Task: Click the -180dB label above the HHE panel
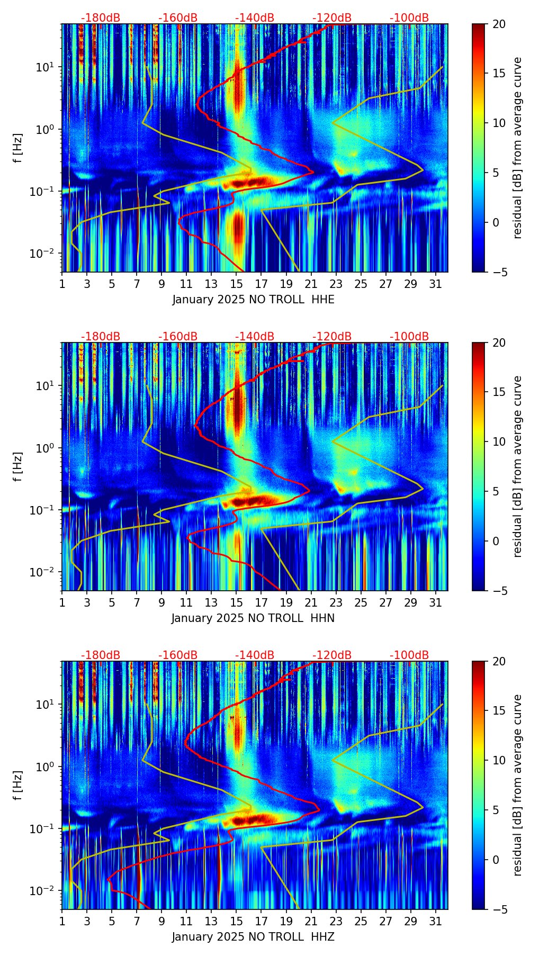click(x=101, y=18)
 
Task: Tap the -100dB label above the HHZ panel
click(x=409, y=655)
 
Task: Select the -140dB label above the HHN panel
click(x=255, y=337)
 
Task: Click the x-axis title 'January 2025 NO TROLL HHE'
click(x=253, y=300)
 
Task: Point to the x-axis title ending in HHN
click(x=253, y=618)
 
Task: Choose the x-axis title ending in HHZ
click(x=253, y=937)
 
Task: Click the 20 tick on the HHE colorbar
click(x=499, y=24)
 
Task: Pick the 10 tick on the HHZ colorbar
click(x=499, y=760)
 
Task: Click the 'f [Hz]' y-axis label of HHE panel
click(x=18, y=148)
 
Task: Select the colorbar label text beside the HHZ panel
click(x=518, y=785)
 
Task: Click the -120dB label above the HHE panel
click(x=332, y=18)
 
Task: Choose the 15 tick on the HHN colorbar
click(x=499, y=392)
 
